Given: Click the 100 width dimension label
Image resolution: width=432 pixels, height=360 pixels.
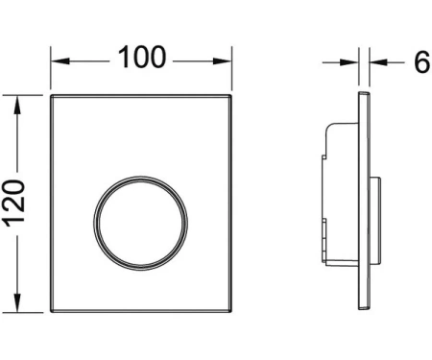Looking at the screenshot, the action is tap(142, 57).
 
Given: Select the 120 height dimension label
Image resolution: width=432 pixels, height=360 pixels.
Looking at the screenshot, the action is tap(14, 204).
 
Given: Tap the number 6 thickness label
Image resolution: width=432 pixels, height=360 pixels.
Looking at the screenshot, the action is tap(422, 62).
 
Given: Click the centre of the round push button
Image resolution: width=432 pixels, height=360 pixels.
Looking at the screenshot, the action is tap(141, 223).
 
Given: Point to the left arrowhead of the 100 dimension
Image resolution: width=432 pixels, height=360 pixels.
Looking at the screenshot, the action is tap(60, 61).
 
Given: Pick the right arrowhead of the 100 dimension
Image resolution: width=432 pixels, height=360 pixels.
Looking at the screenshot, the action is tap(222, 61).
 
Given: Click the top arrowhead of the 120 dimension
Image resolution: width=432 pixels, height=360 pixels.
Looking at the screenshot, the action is tap(17, 105).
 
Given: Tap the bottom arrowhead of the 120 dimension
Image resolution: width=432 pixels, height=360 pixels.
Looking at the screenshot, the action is tap(17, 302).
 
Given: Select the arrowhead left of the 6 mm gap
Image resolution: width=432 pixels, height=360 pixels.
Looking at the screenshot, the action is tap(348, 62).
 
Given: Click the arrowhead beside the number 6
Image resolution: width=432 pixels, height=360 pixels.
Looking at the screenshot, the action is tap(378, 62).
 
